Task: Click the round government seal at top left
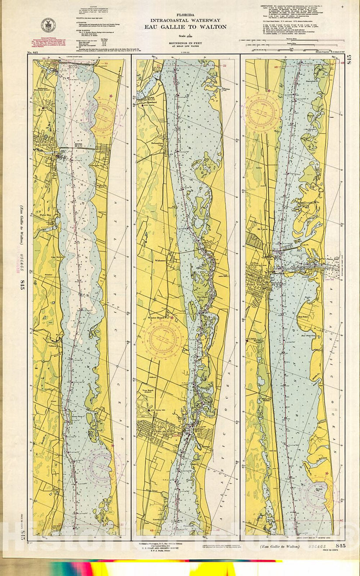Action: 48,25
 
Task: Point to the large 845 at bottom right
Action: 340,546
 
